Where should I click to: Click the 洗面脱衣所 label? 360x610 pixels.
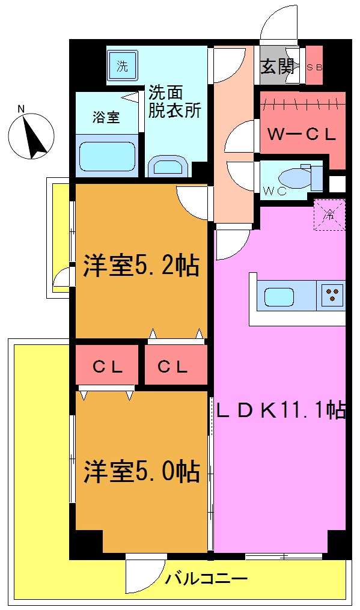174,102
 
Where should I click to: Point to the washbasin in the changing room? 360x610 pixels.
168,165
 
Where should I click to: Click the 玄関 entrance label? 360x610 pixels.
278,67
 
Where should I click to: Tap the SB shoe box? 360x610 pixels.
314,67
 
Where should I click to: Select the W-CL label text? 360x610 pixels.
301,135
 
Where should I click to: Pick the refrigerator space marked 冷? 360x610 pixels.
330,214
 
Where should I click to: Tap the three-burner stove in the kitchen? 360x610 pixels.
332,295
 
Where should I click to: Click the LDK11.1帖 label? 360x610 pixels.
280,411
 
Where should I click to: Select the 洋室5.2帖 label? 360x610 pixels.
141,265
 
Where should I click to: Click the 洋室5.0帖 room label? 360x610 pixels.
141,472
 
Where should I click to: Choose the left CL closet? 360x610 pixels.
108,367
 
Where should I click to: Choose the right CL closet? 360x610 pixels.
175,367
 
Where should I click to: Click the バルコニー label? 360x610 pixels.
207,579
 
